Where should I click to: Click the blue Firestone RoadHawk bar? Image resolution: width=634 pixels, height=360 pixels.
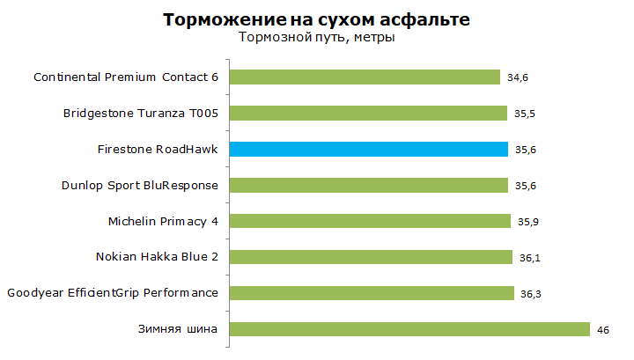tap(368, 149)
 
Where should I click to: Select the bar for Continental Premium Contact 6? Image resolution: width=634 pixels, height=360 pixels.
tap(365, 77)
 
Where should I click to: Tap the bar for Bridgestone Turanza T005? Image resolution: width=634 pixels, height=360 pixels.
tap(368, 114)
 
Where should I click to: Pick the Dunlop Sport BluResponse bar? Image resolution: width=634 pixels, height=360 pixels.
tap(368, 185)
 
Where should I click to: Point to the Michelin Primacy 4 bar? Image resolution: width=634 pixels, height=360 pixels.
tap(370, 221)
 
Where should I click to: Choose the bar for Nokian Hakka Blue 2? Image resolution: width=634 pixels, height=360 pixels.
tap(371, 257)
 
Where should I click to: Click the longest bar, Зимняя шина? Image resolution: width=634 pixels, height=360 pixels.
tap(409, 329)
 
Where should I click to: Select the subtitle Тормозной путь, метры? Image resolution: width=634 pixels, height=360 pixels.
tap(317, 38)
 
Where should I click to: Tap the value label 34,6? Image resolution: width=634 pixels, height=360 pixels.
tap(519, 78)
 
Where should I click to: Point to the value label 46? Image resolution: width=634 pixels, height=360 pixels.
tap(604, 329)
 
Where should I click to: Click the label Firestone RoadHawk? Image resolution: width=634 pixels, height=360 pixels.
tap(158, 149)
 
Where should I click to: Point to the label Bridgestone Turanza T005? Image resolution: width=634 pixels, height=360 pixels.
tap(141, 114)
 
